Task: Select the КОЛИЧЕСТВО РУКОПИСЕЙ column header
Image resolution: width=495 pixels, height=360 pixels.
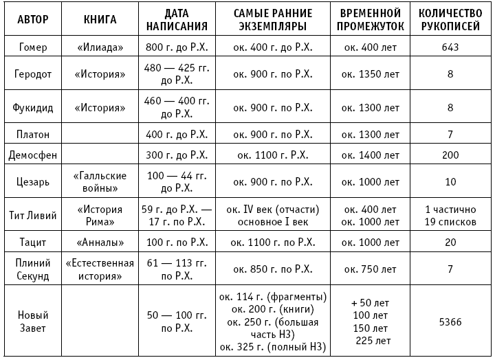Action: pyautogui.click(x=450, y=19)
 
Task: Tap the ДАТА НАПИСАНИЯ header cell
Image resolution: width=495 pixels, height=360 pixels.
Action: pyautogui.click(x=177, y=19)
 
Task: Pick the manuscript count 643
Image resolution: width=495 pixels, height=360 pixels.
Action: pyautogui.click(x=450, y=47)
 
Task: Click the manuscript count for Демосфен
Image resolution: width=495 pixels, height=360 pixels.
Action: pyautogui.click(x=450, y=155)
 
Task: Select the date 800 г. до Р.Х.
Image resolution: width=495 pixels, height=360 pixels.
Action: pyautogui.click(x=177, y=47)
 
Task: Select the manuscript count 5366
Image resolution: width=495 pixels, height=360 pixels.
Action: pyautogui.click(x=450, y=320)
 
